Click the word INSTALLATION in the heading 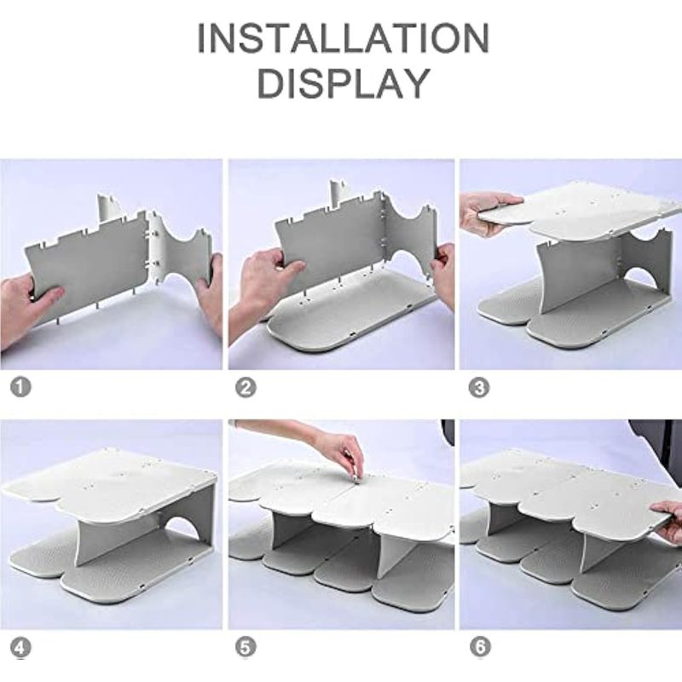click(x=344, y=38)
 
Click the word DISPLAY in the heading click(x=344, y=83)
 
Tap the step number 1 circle click(x=20, y=387)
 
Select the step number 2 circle click(x=246, y=388)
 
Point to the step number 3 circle click(x=479, y=388)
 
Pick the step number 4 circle click(x=20, y=648)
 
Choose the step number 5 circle click(x=246, y=648)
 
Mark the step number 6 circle click(x=480, y=648)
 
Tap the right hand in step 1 click(x=211, y=292)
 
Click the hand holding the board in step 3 click(x=487, y=211)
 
